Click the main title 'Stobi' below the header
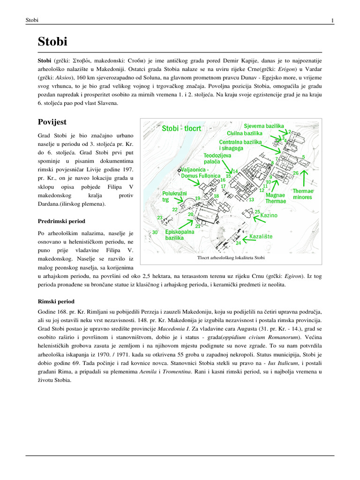point(52,42)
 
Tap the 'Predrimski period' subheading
point(61,221)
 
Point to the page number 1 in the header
point(332,20)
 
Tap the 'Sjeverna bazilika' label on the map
point(264,127)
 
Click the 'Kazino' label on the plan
point(269,215)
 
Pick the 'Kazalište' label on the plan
point(261,237)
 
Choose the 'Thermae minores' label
point(302,194)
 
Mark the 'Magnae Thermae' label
point(276,198)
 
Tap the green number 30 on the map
point(155,232)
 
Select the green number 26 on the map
point(295,173)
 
